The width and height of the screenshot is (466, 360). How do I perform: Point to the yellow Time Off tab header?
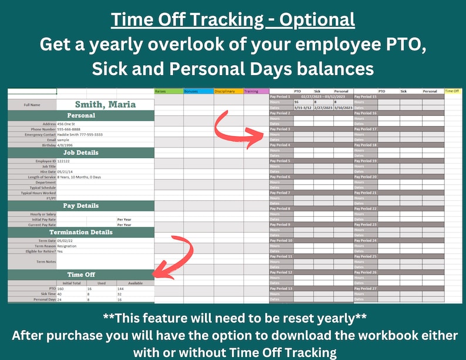point(453,91)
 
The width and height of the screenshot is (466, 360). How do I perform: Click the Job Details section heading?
point(106,152)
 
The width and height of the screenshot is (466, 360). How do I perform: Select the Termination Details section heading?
point(106,232)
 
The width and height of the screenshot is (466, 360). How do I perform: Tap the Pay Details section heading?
point(106,206)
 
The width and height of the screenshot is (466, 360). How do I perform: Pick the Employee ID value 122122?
point(65,160)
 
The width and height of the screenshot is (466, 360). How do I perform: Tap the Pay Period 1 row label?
point(281,96)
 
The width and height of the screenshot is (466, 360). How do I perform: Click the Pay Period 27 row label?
point(366,288)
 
